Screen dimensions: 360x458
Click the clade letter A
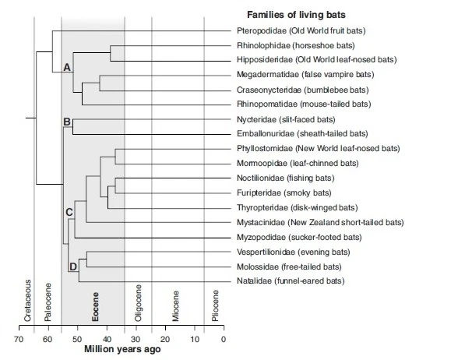pyautogui.click(x=67, y=69)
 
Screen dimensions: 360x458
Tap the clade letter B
pyautogui.click(x=67, y=122)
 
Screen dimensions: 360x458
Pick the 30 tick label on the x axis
pyautogui.click(x=136, y=339)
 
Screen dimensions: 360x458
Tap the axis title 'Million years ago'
pyautogui.click(x=122, y=350)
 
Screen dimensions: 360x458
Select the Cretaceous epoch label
pyautogui.click(x=28, y=300)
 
